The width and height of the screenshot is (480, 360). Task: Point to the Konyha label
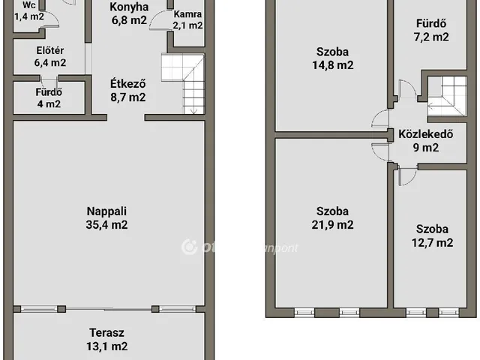point(128,7)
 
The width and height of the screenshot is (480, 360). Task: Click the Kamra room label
point(187,14)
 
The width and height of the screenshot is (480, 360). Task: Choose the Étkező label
point(127,84)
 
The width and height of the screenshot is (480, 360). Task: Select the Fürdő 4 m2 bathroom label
point(49,92)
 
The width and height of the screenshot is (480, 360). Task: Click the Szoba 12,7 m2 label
point(433,229)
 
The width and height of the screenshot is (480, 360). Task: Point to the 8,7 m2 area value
point(127,97)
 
